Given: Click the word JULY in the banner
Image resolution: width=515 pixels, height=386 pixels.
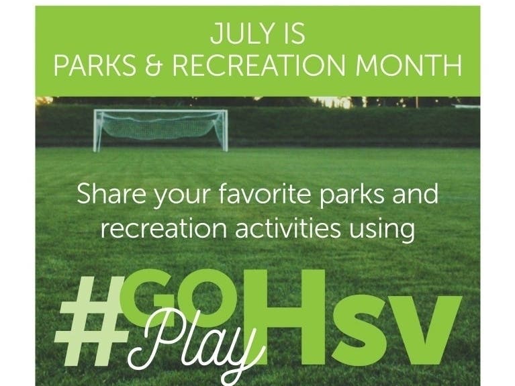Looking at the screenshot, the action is [x=242, y=34].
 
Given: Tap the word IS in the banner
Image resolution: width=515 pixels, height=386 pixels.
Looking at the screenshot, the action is [x=293, y=34].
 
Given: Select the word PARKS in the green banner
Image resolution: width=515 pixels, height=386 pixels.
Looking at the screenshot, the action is [x=95, y=65].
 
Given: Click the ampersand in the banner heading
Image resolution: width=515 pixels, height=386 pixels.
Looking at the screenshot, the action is [x=154, y=65].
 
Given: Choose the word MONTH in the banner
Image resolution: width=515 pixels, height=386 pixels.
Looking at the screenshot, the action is [x=409, y=65].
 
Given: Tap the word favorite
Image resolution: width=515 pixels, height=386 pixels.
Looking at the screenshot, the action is [x=265, y=193].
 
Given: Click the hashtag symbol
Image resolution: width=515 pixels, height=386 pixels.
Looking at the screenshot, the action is [x=92, y=322].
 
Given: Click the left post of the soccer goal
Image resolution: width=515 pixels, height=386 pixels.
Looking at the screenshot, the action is [x=95, y=131].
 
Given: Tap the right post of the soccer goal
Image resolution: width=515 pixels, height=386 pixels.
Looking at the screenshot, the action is [x=226, y=131].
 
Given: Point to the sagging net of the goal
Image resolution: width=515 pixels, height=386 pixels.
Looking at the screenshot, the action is [x=160, y=126].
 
